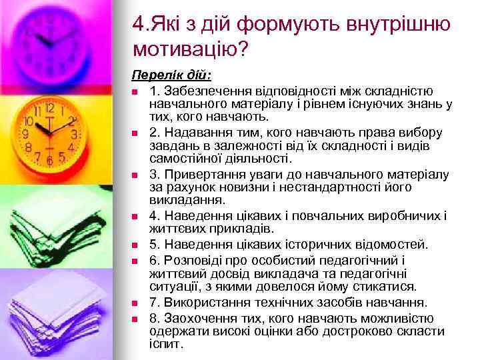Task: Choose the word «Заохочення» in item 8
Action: [193, 315]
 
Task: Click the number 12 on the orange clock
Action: [49, 107]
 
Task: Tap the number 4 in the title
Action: [137, 25]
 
